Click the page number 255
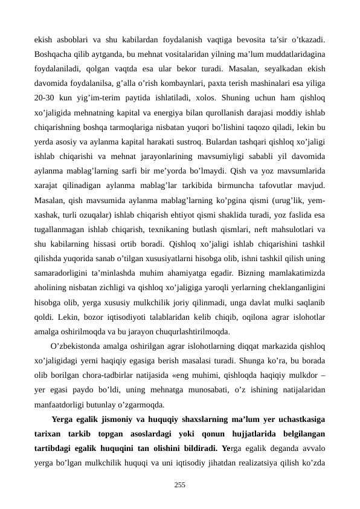coord(179,485)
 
